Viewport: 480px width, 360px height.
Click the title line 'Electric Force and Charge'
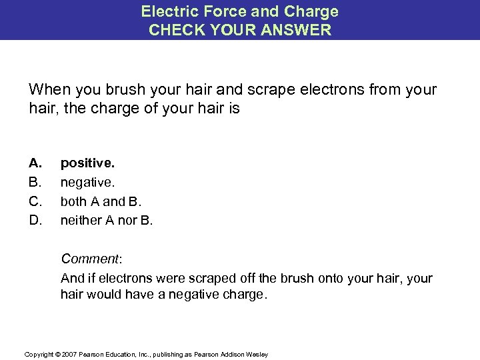(239, 11)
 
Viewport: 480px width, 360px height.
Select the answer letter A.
(35, 162)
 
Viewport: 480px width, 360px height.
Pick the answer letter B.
(35, 181)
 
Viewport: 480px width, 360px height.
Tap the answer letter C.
(35, 200)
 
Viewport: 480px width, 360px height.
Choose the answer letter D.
(35, 219)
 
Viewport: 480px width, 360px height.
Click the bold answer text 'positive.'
(86, 162)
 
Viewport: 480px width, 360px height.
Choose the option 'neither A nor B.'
(107, 219)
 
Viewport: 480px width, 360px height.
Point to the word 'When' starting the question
(47, 90)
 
